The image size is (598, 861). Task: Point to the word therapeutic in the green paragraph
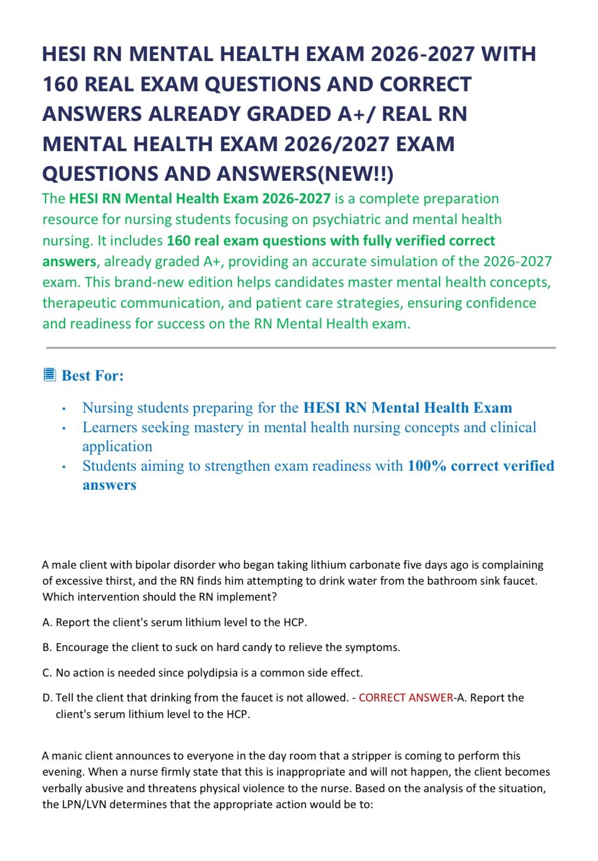84,303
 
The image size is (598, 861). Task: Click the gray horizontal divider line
301,347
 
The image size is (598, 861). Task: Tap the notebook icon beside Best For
50,375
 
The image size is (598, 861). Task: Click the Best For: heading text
93,375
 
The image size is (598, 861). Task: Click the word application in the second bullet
117,447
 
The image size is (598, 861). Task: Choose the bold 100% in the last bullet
427,466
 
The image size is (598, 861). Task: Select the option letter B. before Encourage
47,648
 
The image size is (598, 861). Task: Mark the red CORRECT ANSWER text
406,698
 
